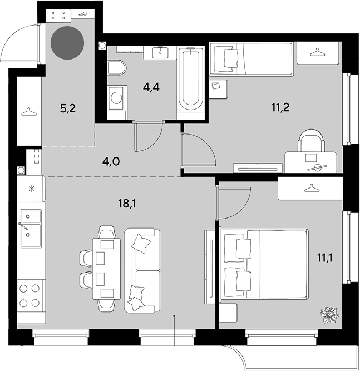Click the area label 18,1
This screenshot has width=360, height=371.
click(x=127, y=203)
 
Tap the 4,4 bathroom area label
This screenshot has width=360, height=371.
click(x=151, y=87)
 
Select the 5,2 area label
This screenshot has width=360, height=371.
click(x=68, y=108)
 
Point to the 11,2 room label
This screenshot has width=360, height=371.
click(x=280, y=108)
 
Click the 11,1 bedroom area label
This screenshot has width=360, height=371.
click(x=325, y=258)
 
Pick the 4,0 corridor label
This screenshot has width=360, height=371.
click(x=111, y=162)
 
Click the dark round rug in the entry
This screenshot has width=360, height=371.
click(x=67, y=43)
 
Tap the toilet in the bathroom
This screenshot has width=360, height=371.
click(x=117, y=68)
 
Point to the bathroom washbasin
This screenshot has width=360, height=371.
click(x=160, y=52)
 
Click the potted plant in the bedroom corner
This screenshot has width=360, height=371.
click(x=330, y=315)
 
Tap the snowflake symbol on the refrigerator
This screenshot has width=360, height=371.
click(x=31, y=189)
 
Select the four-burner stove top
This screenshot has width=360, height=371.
click(x=29, y=295)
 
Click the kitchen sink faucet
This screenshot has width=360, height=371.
click(x=23, y=226)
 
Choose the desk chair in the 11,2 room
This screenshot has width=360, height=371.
click(x=312, y=141)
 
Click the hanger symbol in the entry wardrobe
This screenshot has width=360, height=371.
click(x=29, y=112)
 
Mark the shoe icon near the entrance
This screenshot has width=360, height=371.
click(x=82, y=14)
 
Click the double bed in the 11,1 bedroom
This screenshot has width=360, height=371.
click(x=264, y=265)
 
